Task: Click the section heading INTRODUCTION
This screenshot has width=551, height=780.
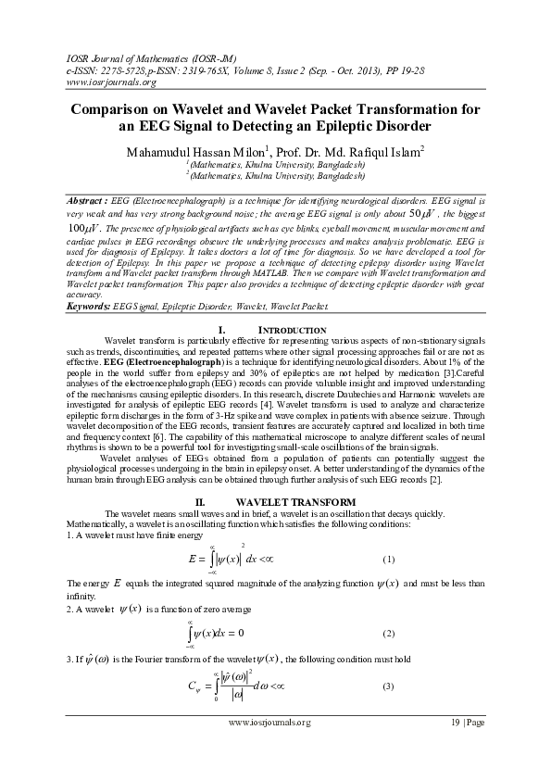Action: click(292, 331)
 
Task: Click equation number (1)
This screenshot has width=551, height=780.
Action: click(389, 560)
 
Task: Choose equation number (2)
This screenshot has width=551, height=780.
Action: click(389, 633)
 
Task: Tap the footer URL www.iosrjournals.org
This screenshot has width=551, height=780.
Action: click(269, 722)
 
